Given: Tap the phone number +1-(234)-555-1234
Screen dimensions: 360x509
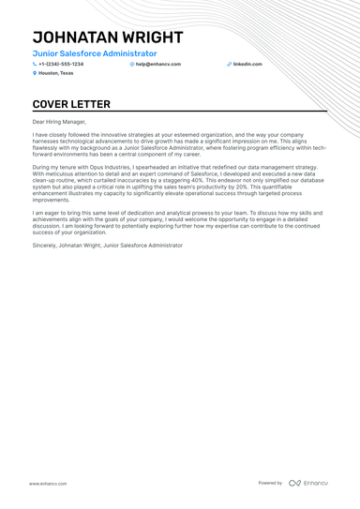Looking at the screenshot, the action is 61,64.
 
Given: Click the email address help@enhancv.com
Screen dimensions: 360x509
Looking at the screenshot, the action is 158,64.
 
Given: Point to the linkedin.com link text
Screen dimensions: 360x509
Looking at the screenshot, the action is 247,64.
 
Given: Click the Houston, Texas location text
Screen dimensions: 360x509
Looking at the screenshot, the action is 55,72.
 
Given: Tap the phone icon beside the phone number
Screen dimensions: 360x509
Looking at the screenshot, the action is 35,64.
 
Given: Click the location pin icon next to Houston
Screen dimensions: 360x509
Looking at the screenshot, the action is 35,72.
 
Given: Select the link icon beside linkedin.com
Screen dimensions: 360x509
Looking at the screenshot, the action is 229,64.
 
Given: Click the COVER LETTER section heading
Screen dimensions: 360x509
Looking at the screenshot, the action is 71,104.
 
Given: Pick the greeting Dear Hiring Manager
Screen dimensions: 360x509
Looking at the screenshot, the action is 59,122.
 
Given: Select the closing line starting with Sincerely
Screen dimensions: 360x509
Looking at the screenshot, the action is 108,245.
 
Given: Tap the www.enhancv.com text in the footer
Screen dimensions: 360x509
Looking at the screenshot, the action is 47,483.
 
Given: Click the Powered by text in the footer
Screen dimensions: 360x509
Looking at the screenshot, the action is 270,483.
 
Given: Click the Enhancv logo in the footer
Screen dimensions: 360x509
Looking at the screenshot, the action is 308,483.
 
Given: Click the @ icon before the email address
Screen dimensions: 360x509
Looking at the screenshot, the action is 132,64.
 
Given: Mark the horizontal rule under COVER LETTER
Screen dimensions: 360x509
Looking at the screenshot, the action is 180,112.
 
